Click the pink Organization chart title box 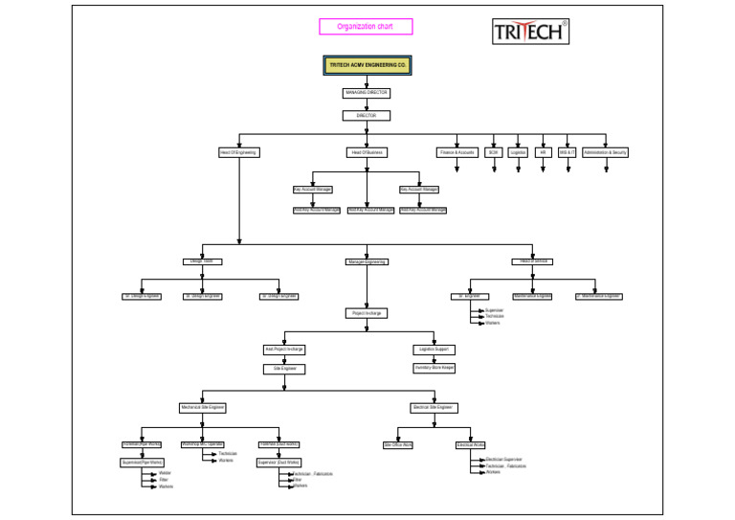point(367,27)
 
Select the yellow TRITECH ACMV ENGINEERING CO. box point(367,65)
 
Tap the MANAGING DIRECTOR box point(367,93)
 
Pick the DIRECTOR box point(367,116)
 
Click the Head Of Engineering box point(239,152)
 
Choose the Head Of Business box point(367,152)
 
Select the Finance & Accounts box point(457,152)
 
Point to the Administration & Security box point(606,152)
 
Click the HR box point(543,152)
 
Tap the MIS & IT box point(567,152)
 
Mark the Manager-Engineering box point(367,261)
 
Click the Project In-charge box point(367,313)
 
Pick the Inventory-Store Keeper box point(434,368)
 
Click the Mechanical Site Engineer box point(203,408)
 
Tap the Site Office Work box point(398,445)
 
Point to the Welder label point(166,473)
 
